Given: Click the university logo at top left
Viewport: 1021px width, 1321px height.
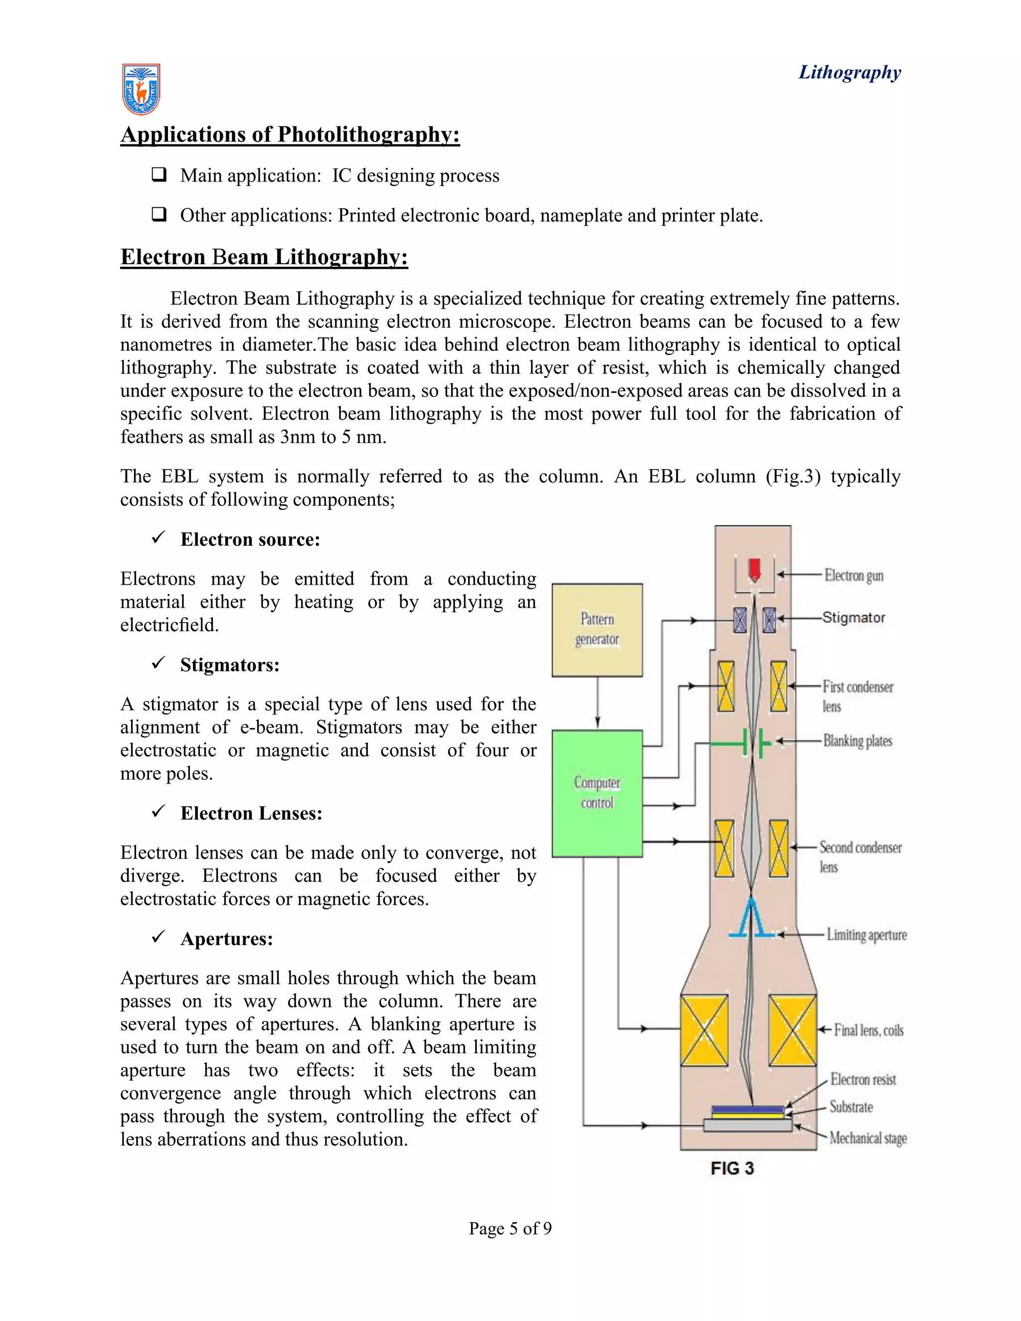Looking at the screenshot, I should [x=141, y=90].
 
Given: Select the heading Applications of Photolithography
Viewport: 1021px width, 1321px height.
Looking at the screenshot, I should [x=290, y=134].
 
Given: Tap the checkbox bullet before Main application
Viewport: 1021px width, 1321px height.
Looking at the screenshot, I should [x=159, y=175].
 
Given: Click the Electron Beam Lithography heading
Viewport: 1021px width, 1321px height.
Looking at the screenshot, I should [x=264, y=257].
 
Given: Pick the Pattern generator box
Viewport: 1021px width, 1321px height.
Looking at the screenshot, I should [x=597, y=630].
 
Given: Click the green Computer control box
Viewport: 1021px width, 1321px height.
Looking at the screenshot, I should [x=597, y=793].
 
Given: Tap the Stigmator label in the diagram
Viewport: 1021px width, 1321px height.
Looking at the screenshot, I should [x=853, y=618].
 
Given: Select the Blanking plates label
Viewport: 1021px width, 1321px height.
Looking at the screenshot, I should [x=857, y=741].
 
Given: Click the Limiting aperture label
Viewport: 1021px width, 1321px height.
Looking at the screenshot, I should [x=866, y=935].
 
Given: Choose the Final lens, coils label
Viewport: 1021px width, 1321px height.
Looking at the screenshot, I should [x=868, y=1030].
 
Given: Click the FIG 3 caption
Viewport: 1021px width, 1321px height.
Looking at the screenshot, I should [x=732, y=1168].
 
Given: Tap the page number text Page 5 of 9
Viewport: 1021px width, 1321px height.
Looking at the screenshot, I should [x=510, y=1228].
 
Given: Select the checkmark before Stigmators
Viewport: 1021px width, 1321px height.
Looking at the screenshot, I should [x=159, y=663].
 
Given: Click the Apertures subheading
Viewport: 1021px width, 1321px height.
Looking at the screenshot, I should [x=227, y=939].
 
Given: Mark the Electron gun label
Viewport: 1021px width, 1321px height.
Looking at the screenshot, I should [x=853, y=575].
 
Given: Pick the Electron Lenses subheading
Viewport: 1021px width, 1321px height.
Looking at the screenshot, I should [x=251, y=814].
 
